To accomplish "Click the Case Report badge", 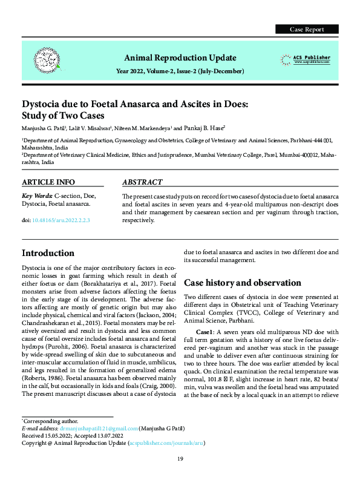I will point(307,29).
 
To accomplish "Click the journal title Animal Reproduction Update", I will point(180,58).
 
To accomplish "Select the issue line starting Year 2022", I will point(180,71).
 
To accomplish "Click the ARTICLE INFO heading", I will point(48,182).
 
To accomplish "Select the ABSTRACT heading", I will point(142,182).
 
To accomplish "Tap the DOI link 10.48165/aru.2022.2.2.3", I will point(64,220).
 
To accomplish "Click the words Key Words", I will point(36,196).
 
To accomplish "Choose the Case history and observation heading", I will point(239,283).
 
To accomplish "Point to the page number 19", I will point(180,459).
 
